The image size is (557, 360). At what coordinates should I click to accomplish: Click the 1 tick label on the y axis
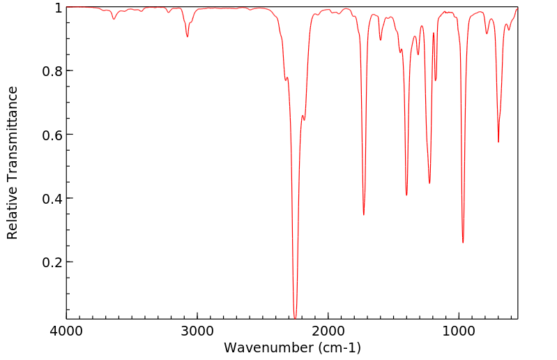(x=58, y=8)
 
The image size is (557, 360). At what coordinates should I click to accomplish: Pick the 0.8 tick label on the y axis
(x=52, y=71)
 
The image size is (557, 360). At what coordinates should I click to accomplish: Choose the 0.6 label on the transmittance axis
(x=52, y=135)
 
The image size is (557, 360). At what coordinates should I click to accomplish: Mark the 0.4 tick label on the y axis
(x=52, y=199)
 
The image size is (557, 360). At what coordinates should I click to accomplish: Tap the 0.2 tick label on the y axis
(x=52, y=262)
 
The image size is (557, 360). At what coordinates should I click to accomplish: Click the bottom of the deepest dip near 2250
(x=295, y=318)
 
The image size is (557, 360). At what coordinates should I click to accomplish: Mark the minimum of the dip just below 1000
(x=463, y=242)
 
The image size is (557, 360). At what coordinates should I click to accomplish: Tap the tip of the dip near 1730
(x=364, y=214)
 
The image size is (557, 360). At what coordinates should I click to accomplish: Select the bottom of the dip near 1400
(x=406, y=195)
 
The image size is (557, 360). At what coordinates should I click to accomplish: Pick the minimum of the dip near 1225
(x=429, y=183)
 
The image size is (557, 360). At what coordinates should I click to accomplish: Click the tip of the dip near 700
(x=498, y=142)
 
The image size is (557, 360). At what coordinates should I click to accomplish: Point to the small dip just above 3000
(x=188, y=36)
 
